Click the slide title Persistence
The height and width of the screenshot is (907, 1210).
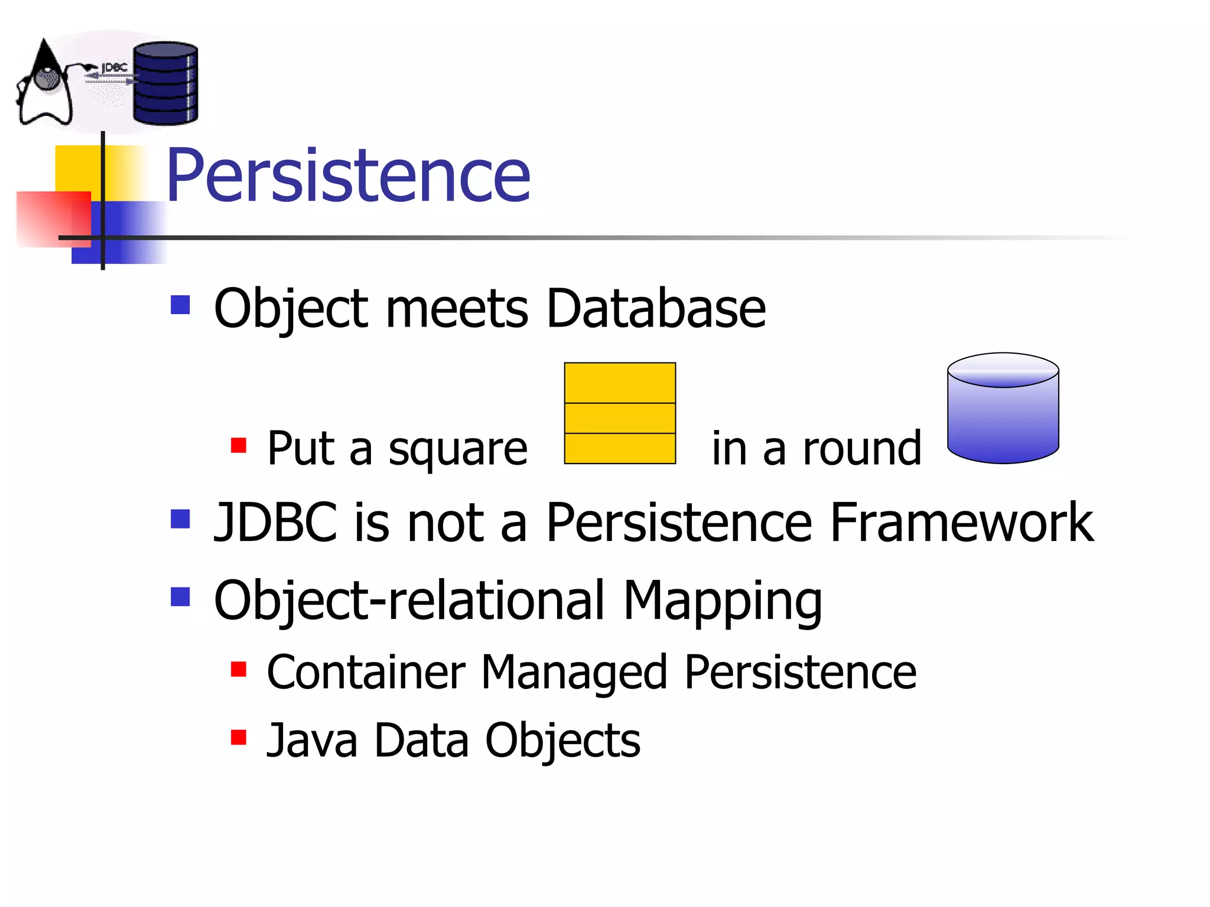[348, 175]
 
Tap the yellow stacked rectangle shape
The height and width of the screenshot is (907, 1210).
[620, 413]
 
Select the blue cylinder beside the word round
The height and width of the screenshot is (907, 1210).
[1003, 409]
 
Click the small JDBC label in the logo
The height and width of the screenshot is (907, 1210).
[114, 68]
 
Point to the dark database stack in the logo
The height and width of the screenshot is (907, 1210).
[165, 83]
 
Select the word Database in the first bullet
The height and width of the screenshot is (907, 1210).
[656, 308]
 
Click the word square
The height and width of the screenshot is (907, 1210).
[457, 449]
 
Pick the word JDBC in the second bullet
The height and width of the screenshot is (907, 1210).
[275, 522]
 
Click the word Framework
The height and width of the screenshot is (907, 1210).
[961, 522]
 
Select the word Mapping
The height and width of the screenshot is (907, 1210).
[722, 601]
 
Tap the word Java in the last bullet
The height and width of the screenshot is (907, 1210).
[312, 740]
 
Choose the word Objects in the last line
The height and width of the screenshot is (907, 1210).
[562, 742]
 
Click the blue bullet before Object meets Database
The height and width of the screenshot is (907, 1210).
[180, 305]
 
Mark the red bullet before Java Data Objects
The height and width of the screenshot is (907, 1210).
[239, 737]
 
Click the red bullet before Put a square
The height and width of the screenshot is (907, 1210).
[239, 445]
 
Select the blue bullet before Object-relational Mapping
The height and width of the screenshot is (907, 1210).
[180, 596]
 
